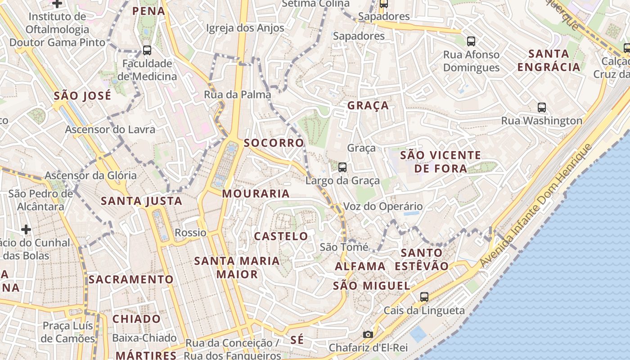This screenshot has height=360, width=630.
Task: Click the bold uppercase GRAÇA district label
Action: pyautogui.click(x=368, y=106)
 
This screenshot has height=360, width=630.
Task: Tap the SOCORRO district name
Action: pyautogui.click(x=274, y=143)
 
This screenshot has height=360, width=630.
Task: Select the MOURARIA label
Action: pyautogui.click(x=256, y=194)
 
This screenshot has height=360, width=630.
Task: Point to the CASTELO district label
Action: pyautogui.click(x=281, y=236)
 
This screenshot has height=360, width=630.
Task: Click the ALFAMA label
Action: pyautogui.click(x=360, y=266)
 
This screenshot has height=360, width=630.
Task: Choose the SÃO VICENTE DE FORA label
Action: pyautogui.click(x=441, y=162)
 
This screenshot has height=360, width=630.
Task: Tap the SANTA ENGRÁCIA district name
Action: pyautogui.click(x=549, y=60)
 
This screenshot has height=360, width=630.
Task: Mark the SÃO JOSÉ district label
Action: pyautogui.click(x=82, y=96)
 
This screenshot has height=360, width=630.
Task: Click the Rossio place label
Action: pyautogui.click(x=190, y=233)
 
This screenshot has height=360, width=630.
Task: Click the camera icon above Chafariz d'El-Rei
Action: pyautogui.click(x=368, y=334)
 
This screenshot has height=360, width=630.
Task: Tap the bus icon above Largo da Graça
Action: pyautogui.click(x=342, y=167)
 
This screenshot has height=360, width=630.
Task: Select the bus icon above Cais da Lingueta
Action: pyautogui.click(x=424, y=297)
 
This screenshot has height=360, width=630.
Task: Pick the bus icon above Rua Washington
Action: pyautogui.click(x=542, y=108)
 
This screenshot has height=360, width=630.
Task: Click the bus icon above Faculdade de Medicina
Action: pyautogui.click(x=147, y=50)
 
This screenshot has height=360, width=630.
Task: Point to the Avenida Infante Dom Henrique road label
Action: pyautogui.click(x=535, y=206)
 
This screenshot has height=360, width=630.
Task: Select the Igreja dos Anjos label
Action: pyautogui.click(x=245, y=28)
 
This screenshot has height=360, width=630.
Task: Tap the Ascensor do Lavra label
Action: pyautogui.click(x=110, y=130)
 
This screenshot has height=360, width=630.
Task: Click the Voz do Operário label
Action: pyautogui.click(x=383, y=207)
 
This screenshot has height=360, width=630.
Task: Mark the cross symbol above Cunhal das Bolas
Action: pyautogui.click(x=26, y=229)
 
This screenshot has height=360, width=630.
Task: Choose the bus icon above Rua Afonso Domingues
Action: pyautogui.click(x=471, y=41)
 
